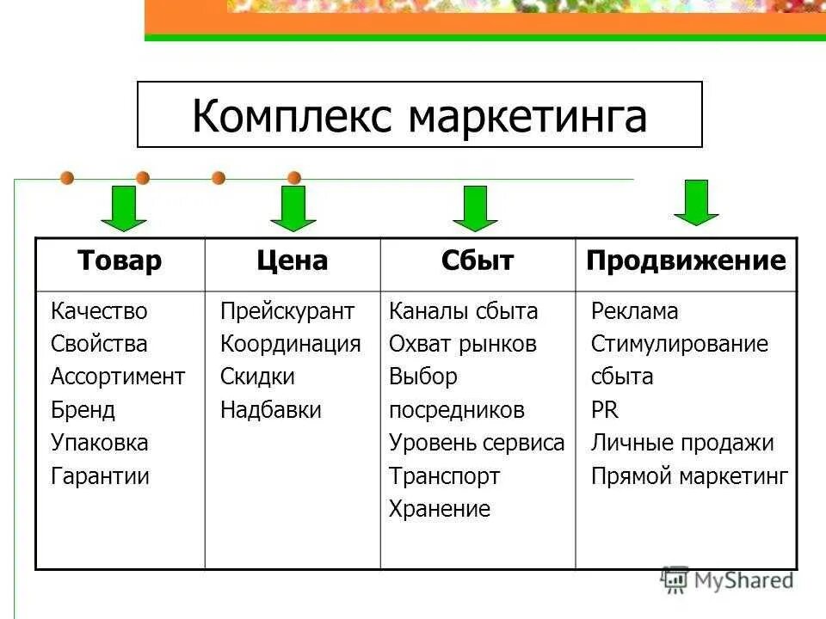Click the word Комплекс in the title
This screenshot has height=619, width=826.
[293, 115]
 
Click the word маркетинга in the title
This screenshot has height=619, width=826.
[527, 115]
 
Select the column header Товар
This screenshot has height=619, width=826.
[120, 261]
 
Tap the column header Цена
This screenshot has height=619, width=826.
[293, 261]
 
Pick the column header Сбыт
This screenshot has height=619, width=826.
[478, 261]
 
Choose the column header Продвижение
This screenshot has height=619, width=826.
[686, 261]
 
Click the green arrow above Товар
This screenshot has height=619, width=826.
[129, 208]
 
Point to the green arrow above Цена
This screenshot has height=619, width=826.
[293, 208]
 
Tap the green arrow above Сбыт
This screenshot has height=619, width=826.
[475, 208]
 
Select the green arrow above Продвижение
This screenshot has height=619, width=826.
[696, 203]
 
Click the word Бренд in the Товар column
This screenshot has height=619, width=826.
[83, 410]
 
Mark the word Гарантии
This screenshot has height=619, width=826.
[100, 476]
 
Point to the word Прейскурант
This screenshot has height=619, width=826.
[287, 311]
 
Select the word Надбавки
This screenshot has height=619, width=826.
[271, 410]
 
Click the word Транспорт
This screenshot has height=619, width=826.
[444, 476]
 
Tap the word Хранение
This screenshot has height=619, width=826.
[440, 509]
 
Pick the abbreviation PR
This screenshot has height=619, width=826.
[604, 410]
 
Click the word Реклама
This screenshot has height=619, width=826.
[634, 311]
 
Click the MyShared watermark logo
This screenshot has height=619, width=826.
[727, 579]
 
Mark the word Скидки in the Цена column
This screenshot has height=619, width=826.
[257, 377]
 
